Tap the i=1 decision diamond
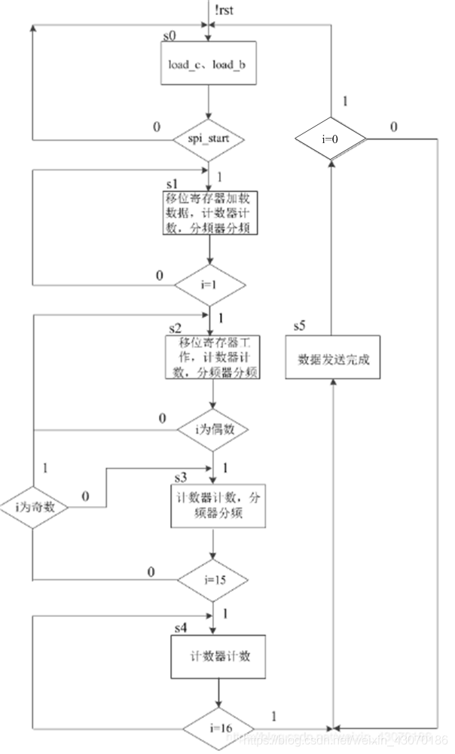click(x=210, y=285)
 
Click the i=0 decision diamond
click(x=331, y=139)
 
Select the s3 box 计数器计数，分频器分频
click(x=218, y=507)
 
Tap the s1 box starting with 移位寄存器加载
click(x=212, y=213)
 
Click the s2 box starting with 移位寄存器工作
click(x=213, y=358)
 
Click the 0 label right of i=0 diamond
click(x=394, y=127)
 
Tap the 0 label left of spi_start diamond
click(x=157, y=127)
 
